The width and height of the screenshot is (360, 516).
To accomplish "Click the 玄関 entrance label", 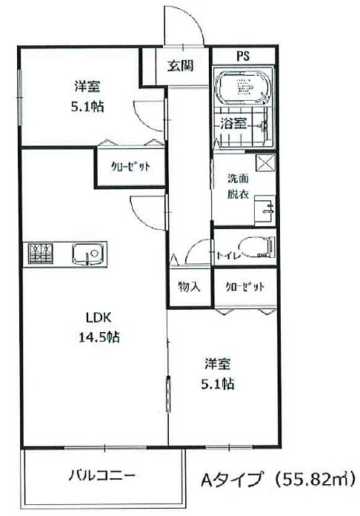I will (180, 65).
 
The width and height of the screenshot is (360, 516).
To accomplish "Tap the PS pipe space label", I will (242, 56).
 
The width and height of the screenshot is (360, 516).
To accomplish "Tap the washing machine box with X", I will (265, 164).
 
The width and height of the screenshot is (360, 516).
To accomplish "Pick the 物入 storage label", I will (189, 286).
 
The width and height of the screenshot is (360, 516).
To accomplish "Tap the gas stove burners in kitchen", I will (41, 254).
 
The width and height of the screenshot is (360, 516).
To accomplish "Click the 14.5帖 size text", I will (100, 337).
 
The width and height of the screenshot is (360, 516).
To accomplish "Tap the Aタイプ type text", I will (226, 478).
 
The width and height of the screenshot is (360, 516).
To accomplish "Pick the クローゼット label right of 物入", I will (242, 286).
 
